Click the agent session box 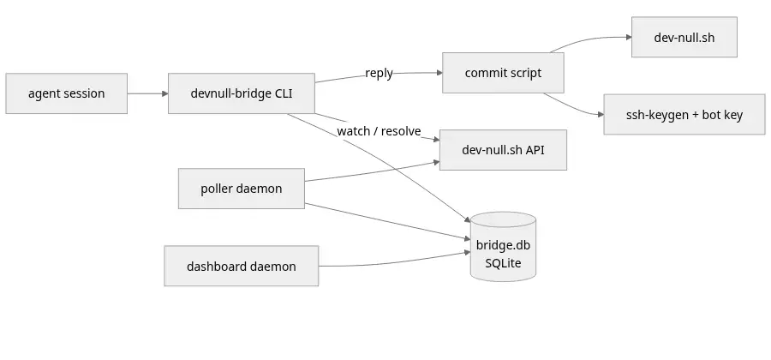point(66,93)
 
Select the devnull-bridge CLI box point(242,93)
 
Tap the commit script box point(503,73)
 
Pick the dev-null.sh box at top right point(684,37)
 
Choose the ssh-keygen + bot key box point(684,115)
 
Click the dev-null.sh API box point(503,150)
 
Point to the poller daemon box point(242,189)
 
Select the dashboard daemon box point(242,266)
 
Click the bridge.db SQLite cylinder point(503,247)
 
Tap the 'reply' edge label point(380,73)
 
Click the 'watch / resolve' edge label point(380,131)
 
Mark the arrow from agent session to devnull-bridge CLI point(147,93)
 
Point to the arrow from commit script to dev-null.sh point(590,39)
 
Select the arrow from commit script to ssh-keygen point(573,108)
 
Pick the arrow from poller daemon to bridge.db point(387,221)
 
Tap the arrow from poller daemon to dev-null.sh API point(373,172)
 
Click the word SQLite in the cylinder point(503,263)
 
